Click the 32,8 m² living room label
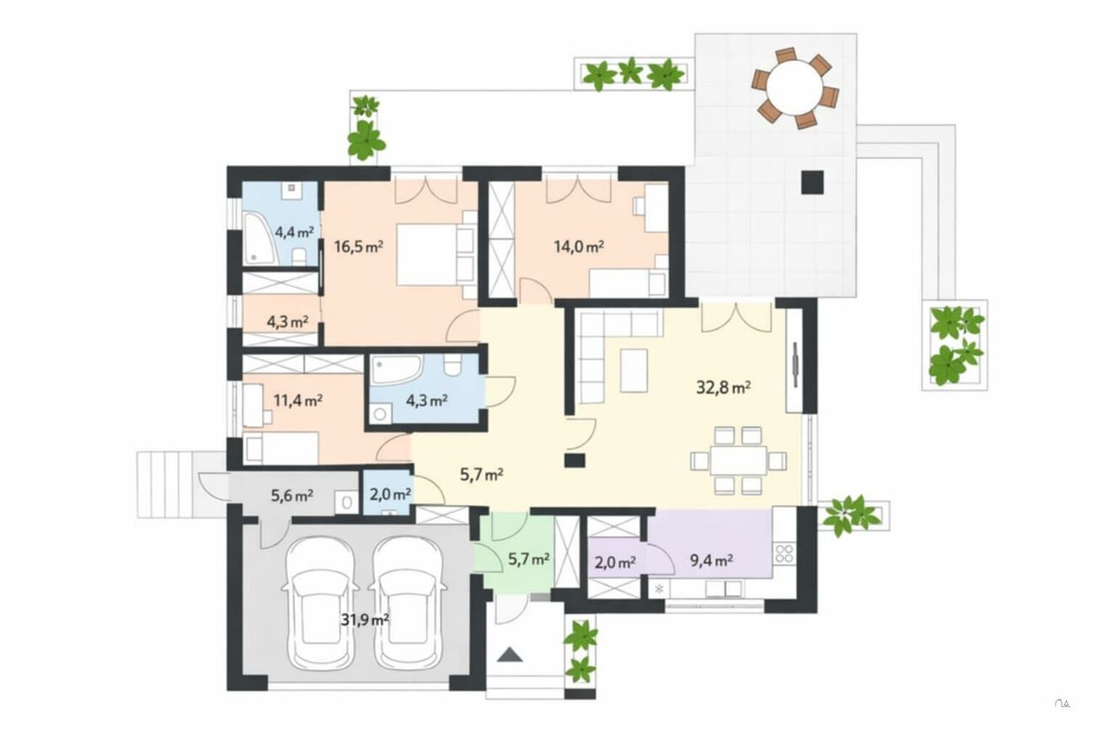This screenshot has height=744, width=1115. (x=723, y=387)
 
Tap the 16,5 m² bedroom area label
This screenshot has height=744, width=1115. (x=358, y=246)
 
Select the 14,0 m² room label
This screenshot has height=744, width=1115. (x=579, y=246)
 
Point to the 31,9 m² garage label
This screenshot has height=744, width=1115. (x=365, y=620)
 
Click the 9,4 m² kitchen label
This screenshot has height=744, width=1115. (x=711, y=561)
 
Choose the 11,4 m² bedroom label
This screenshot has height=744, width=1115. (x=298, y=400)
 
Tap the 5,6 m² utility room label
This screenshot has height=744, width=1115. (x=291, y=495)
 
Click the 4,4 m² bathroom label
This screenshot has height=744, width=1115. (x=295, y=232)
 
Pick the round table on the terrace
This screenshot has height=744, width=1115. (x=795, y=88)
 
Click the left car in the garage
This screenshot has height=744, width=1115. (x=320, y=604)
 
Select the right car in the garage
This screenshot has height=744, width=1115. (x=408, y=604)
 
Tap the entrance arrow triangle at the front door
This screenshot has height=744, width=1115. (x=509, y=654)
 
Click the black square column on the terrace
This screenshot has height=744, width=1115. (x=813, y=182)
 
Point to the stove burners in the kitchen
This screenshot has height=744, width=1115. (x=784, y=553)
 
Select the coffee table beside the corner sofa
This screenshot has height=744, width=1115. (x=634, y=370)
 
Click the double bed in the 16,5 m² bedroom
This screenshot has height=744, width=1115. (x=436, y=254)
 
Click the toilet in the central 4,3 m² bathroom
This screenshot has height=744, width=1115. (x=453, y=364)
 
